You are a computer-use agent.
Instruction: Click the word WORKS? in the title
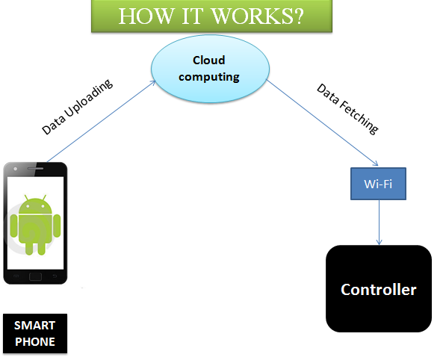tap(258, 16)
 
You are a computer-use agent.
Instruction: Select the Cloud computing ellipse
tap(210, 69)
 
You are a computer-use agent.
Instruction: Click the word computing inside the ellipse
tap(209, 77)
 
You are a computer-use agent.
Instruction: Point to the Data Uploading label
tap(77, 107)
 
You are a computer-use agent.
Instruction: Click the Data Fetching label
tap(347, 108)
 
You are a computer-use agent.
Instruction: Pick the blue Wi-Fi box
tap(378, 184)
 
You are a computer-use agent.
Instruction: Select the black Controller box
tap(379, 288)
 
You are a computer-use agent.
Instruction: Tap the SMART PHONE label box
tap(35, 333)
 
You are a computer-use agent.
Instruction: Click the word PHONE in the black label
tap(35, 342)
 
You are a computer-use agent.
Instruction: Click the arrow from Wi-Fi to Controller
tap(379, 223)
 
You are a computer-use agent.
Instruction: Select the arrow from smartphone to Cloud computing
tap(101, 121)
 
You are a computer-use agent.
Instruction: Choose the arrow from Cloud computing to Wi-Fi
tap(323, 123)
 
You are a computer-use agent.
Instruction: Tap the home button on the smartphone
tap(35, 276)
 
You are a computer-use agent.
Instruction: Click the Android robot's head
tap(35, 205)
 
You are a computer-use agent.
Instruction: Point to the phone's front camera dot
tap(16, 169)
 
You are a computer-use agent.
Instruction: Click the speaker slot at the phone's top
tap(35, 169)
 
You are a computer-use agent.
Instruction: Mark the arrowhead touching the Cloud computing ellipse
tap(153, 82)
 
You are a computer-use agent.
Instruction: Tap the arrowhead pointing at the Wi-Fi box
tap(376, 164)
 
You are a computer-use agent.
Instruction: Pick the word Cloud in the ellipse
tap(208, 60)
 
